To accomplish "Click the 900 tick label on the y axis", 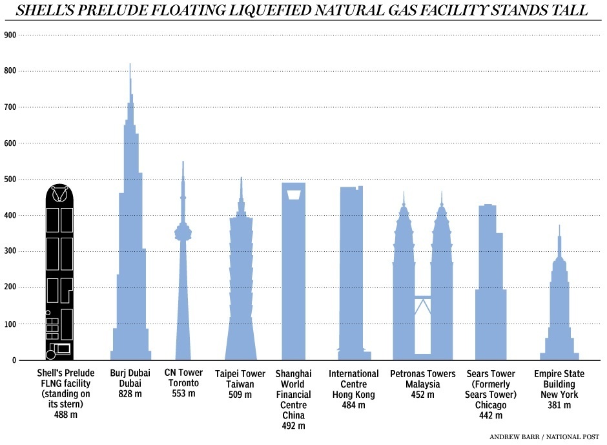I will click(x=10, y=34).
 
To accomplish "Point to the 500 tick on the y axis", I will click(x=10, y=179).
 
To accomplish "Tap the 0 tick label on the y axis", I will click(x=12, y=360).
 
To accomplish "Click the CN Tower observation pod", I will click(x=183, y=232).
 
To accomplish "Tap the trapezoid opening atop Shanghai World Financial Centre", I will click(x=294, y=194).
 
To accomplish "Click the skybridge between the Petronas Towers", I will click(x=423, y=296).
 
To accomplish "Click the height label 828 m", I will click(x=130, y=394).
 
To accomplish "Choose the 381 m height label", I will click(x=559, y=405).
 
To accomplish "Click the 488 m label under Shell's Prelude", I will click(x=65, y=415).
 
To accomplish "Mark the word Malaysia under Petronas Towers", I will click(x=422, y=384).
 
